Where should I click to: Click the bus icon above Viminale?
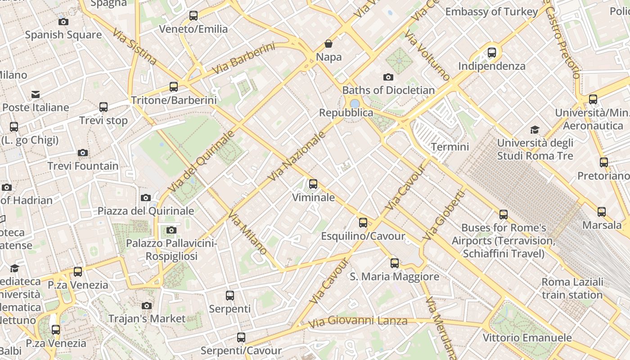tap(313, 184)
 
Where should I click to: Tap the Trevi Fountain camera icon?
tap(82, 153)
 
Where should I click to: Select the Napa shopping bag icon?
tap(328, 44)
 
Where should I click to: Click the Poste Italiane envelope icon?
tap(35, 94)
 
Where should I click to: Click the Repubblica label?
tap(346, 112)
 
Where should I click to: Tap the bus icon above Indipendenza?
tap(492, 52)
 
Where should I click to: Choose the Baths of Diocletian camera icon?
tap(388, 77)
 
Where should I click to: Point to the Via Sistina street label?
tap(135, 47)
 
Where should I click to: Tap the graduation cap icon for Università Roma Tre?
tap(535, 130)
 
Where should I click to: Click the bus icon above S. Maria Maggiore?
tap(395, 263)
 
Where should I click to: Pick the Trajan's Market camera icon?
tap(146, 306)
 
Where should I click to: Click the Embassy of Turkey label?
tap(491, 12)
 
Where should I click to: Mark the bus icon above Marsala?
tap(601, 211)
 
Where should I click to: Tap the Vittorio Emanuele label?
tap(527, 337)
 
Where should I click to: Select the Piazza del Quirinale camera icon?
tap(145, 198)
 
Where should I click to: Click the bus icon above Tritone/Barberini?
tap(174, 86)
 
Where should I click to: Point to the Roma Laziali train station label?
tap(572, 288)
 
